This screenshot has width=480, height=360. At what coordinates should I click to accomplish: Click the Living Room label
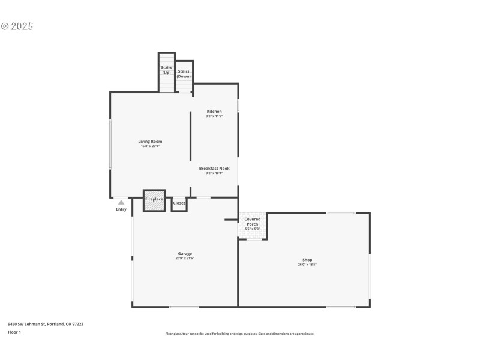150,142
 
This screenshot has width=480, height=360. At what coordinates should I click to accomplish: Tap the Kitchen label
214,112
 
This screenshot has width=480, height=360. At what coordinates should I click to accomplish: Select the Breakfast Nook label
214,169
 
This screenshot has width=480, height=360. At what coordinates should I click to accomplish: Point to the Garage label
185,253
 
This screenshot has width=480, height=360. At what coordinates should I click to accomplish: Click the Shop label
307,260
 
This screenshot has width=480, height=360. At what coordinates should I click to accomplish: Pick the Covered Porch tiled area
253,226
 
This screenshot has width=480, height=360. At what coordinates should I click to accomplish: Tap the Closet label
179,203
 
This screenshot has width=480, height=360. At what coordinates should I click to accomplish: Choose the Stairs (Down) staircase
184,76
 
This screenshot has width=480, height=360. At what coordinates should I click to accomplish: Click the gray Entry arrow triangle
121,203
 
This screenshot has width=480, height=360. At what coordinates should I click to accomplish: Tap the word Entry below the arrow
121,209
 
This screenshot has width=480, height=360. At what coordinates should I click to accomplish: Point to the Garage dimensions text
185,259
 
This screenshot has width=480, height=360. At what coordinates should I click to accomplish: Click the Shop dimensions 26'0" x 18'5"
307,265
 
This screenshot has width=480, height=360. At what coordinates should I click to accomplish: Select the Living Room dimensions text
150,146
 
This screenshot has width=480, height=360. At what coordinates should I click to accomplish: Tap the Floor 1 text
14,332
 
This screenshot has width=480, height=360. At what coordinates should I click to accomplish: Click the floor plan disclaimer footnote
240,334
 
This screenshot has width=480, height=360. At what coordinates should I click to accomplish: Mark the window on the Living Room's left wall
110,144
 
